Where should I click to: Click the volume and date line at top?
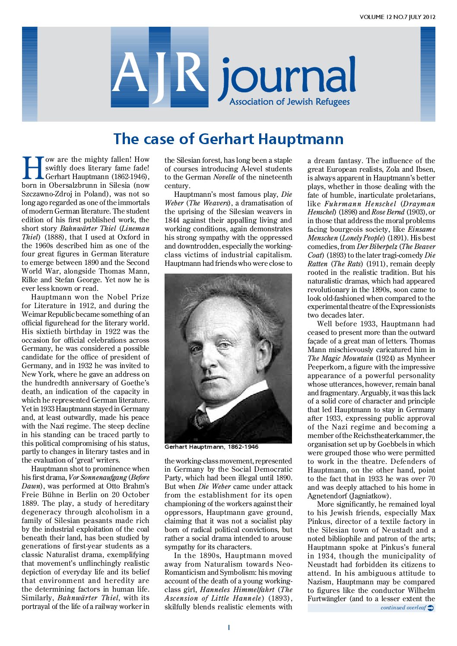coord(397,17)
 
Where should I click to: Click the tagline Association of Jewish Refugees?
coord(289,102)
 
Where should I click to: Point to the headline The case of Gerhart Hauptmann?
coord(228,139)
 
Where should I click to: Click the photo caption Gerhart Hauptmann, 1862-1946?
coord(211,447)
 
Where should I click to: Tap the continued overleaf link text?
coord(403,608)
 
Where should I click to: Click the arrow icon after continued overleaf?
coord(431,608)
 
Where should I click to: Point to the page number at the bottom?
coord(228,627)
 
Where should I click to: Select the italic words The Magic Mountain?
coord(340,358)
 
